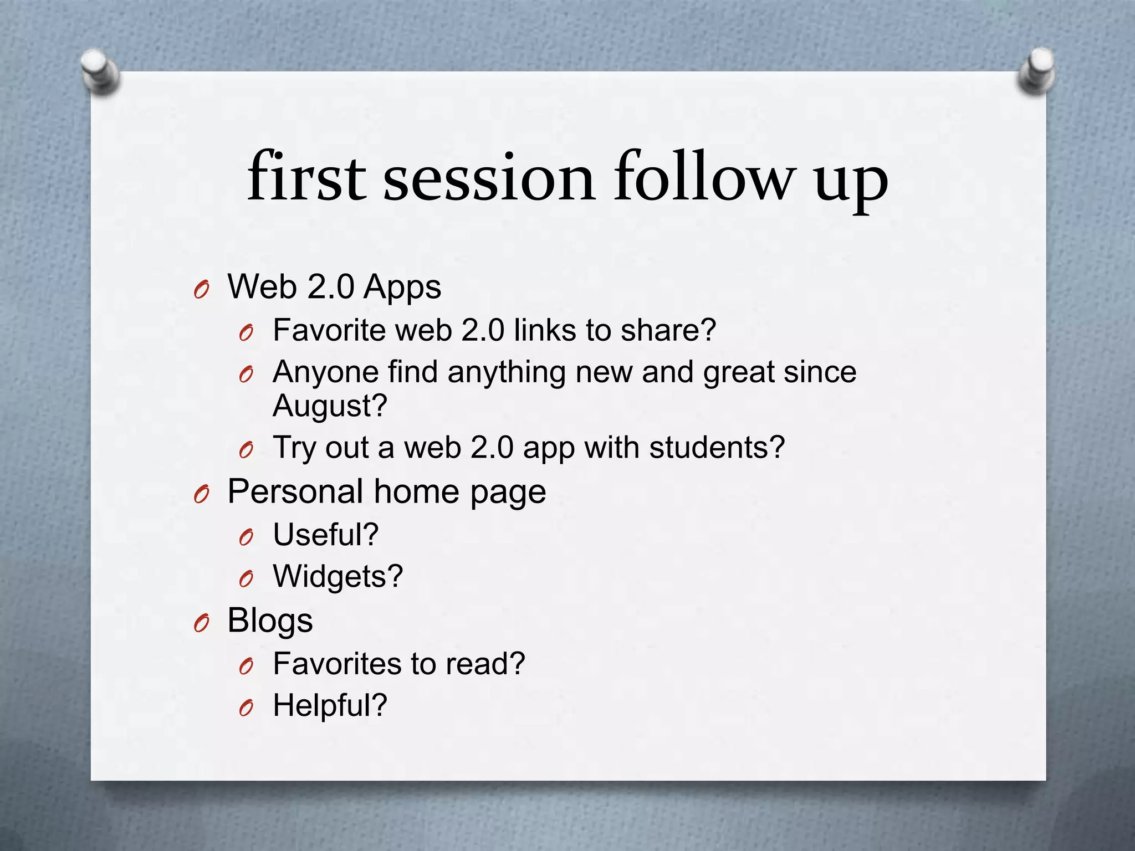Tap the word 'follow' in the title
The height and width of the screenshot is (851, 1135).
703,177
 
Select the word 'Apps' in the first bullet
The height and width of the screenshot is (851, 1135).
402,288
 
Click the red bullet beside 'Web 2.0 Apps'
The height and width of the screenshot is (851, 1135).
202,290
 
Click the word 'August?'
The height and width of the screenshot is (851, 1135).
330,406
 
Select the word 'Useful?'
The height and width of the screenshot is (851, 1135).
326,535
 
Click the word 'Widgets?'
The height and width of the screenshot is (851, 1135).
338,577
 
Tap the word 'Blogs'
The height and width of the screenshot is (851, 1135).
270,621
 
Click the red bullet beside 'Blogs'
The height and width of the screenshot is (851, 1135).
202,624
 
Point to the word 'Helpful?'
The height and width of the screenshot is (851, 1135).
330,706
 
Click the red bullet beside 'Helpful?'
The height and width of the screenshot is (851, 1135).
247,708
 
